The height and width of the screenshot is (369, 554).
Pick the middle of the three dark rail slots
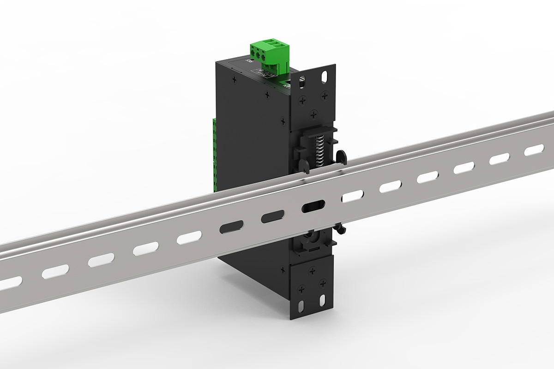[x=272, y=216]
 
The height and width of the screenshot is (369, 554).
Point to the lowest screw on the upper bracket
[x=314, y=113]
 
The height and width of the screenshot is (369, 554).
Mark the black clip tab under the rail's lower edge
[x=340, y=228]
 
